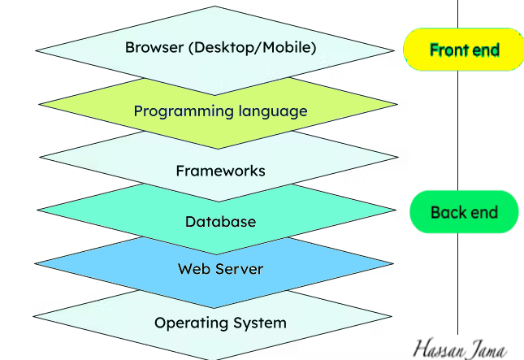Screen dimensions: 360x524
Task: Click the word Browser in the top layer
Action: coord(154,47)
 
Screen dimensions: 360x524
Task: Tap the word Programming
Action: coord(173,111)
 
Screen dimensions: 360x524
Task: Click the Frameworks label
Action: coord(220,171)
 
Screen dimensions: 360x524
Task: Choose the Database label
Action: coord(220,222)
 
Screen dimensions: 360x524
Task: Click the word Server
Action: coord(239,269)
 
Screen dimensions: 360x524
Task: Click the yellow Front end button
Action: coord(464,50)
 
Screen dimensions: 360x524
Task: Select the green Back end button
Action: coord(463,212)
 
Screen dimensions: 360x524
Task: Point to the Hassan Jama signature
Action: coord(461,348)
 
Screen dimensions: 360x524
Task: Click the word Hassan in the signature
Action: coord(440,348)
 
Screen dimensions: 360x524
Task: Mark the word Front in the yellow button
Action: coord(448,50)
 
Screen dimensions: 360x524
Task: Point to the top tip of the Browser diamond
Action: coord(215,7)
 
